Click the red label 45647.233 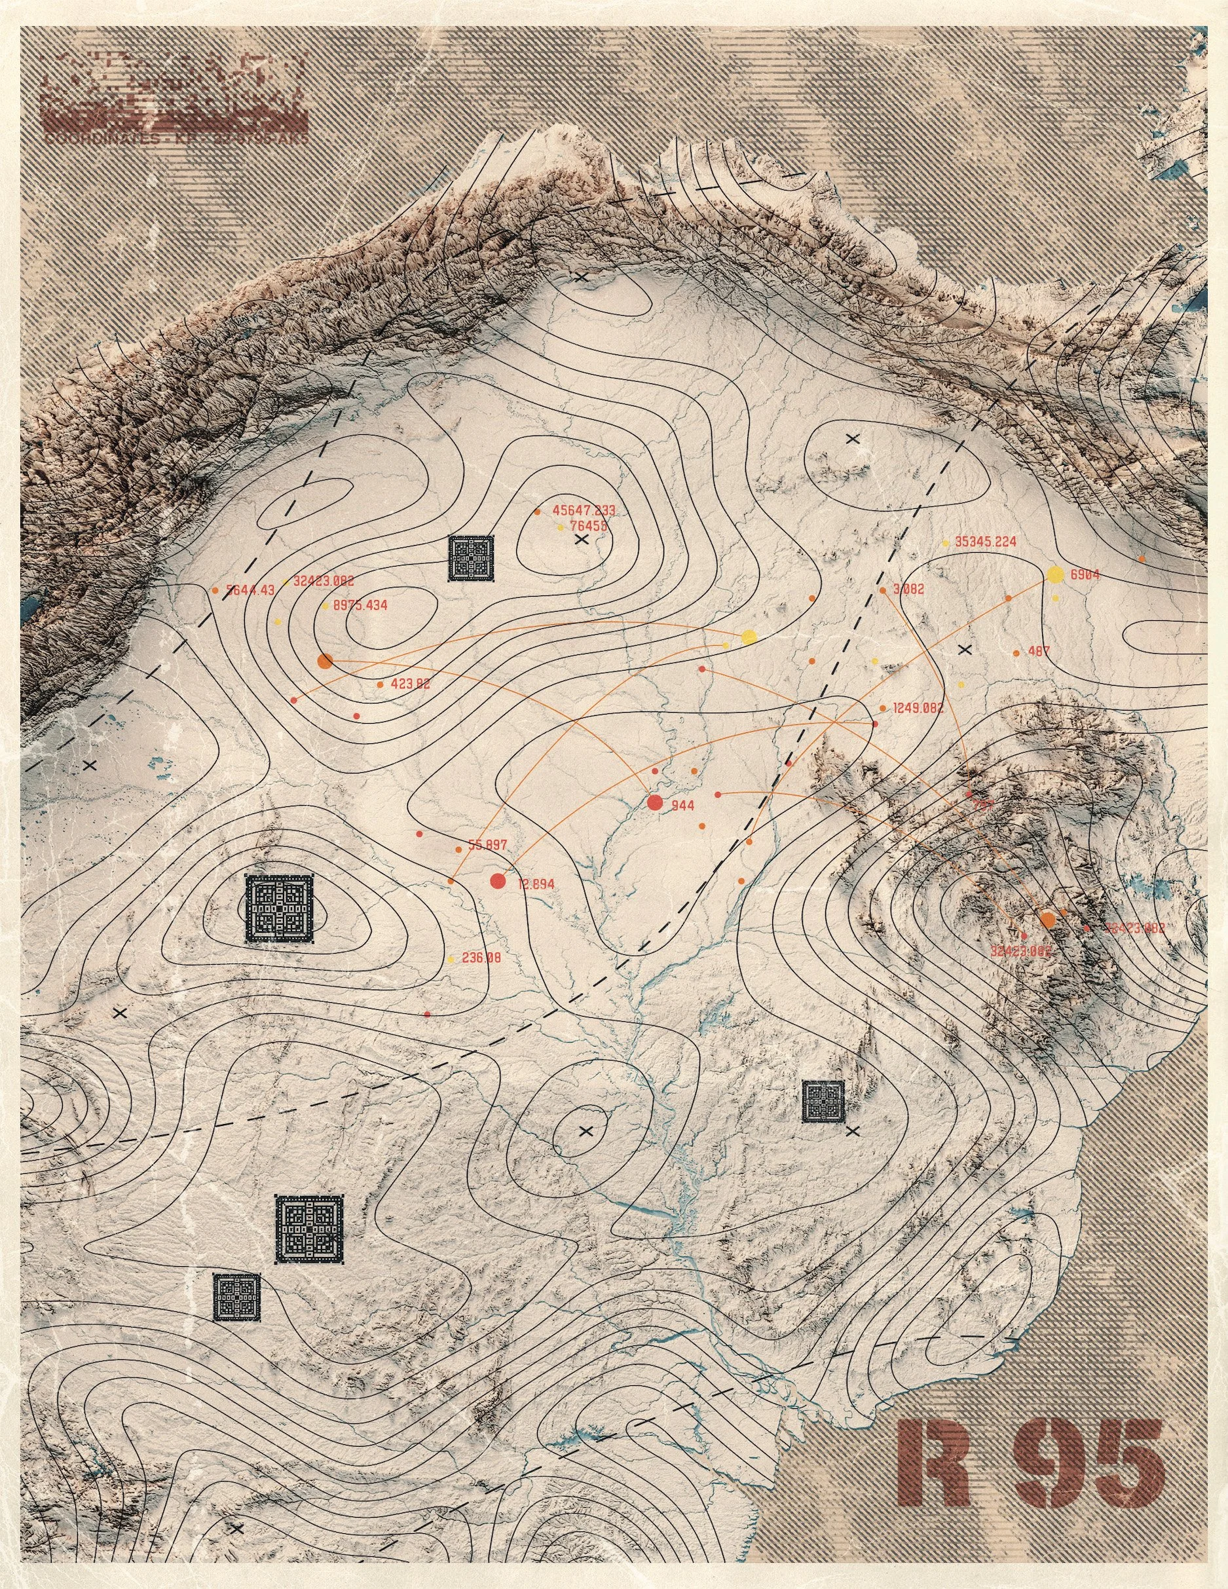[584, 510]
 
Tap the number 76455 [589, 526]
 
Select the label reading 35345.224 [985, 541]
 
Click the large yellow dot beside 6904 [1054, 575]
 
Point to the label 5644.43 [250, 590]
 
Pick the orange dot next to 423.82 [380, 684]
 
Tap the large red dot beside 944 [654, 802]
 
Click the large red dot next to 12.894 [498, 881]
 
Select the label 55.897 [487, 846]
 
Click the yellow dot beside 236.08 [451, 959]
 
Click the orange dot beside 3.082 [882, 590]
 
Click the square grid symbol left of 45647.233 [472, 558]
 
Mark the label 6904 [1085, 576]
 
